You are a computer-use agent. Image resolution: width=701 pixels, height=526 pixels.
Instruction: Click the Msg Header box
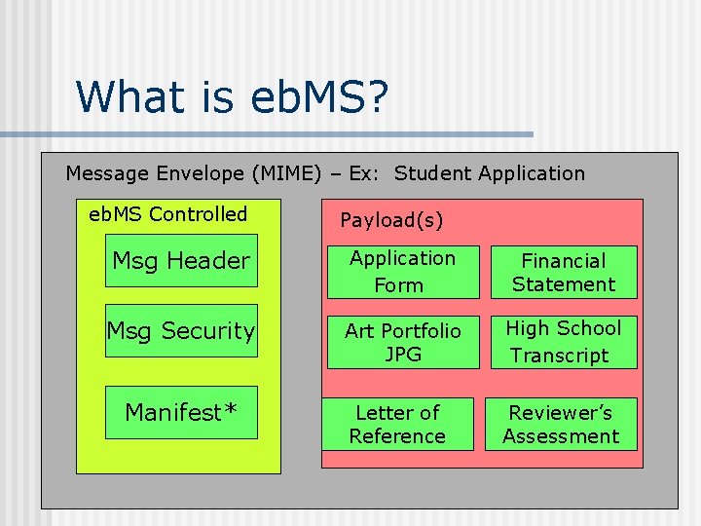[x=181, y=260]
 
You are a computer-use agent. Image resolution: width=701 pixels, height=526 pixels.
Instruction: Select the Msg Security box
[x=181, y=331]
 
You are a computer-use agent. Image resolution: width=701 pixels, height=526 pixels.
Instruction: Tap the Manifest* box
[x=181, y=412]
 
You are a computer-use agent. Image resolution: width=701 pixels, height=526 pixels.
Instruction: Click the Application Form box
[x=402, y=271]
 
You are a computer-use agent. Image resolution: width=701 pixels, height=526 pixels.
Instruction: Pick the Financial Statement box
[x=562, y=272]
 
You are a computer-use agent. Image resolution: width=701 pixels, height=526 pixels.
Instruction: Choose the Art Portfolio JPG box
[x=402, y=342]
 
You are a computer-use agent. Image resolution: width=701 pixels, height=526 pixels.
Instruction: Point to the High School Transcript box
[x=562, y=342]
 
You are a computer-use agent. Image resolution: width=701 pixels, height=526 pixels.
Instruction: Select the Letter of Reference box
[x=397, y=424]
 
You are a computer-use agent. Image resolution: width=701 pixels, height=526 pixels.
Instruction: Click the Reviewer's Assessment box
[x=562, y=424]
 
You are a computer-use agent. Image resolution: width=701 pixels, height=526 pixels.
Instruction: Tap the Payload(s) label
[x=391, y=221]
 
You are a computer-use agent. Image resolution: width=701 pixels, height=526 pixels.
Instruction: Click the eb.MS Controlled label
[x=168, y=214]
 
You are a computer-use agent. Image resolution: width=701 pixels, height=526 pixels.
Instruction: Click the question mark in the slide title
[x=376, y=96]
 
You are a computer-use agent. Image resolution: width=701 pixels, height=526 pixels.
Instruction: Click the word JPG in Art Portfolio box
[x=403, y=355]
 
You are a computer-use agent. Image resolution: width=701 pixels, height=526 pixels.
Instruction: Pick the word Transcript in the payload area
[x=559, y=356]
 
